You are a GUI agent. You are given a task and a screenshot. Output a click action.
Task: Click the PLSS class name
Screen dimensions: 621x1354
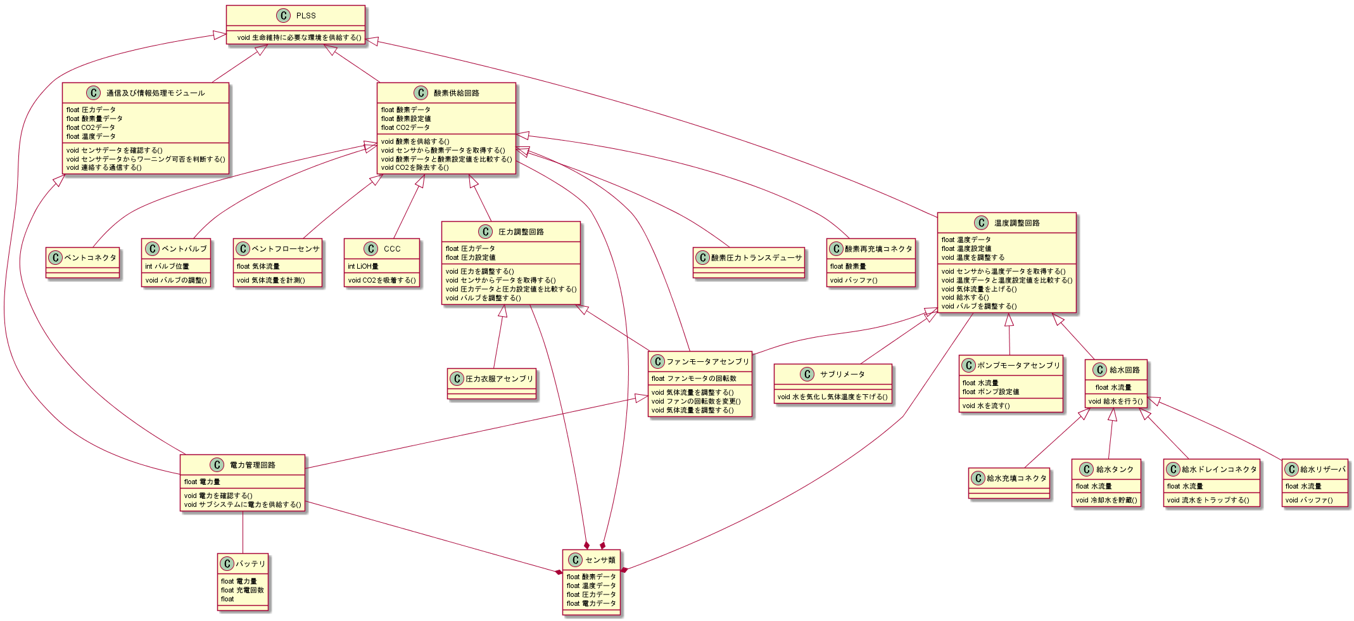click(x=306, y=16)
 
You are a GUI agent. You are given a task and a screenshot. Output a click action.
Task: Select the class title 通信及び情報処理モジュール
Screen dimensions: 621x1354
click(x=155, y=93)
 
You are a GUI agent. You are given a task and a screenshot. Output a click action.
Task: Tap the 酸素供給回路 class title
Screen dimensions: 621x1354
click(x=456, y=93)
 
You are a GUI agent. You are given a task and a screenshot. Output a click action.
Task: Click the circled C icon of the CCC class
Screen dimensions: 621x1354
click(x=371, y=249)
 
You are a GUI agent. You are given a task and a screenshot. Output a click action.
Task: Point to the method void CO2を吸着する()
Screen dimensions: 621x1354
click(x=382, y=280)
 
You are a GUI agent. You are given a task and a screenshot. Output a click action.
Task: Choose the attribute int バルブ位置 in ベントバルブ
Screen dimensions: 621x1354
click(x=167, y=266)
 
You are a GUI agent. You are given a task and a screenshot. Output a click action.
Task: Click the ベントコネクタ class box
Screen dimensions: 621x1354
click(x=83, y=262)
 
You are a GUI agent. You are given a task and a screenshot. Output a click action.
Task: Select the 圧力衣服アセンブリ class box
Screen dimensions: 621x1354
click(x=492, y=384)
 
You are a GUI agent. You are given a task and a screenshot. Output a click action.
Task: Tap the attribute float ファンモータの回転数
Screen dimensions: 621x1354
click(x=694, y=378)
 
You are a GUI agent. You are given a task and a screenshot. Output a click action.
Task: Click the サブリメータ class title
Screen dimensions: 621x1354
click(x=842, y=375)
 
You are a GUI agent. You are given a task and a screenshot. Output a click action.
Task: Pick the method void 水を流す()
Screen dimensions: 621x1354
click(x=986, y=406)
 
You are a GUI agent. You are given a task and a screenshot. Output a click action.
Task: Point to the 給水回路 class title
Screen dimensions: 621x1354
click(x=1124, y=370)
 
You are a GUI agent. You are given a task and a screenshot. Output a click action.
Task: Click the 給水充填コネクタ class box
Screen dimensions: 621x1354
click(x=1009, y=483)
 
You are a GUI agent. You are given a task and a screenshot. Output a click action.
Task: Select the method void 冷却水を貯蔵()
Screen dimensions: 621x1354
click(x=1106, y=500)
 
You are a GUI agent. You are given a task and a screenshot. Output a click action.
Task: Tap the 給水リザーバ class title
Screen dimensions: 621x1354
click(x=1322, y=470)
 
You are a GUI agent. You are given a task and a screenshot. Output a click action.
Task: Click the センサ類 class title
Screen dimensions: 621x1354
click(x=600, y=560)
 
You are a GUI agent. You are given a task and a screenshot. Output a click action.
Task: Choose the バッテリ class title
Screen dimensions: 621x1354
click(x=251, y=564)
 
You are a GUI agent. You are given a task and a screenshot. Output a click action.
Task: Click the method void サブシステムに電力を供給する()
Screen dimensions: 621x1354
click(x=243, y=504)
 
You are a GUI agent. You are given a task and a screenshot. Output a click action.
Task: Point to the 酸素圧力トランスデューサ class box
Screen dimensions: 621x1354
click(x=749, y=262)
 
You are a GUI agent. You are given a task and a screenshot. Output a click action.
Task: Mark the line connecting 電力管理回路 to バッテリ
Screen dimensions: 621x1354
click(x=243, y=532)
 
